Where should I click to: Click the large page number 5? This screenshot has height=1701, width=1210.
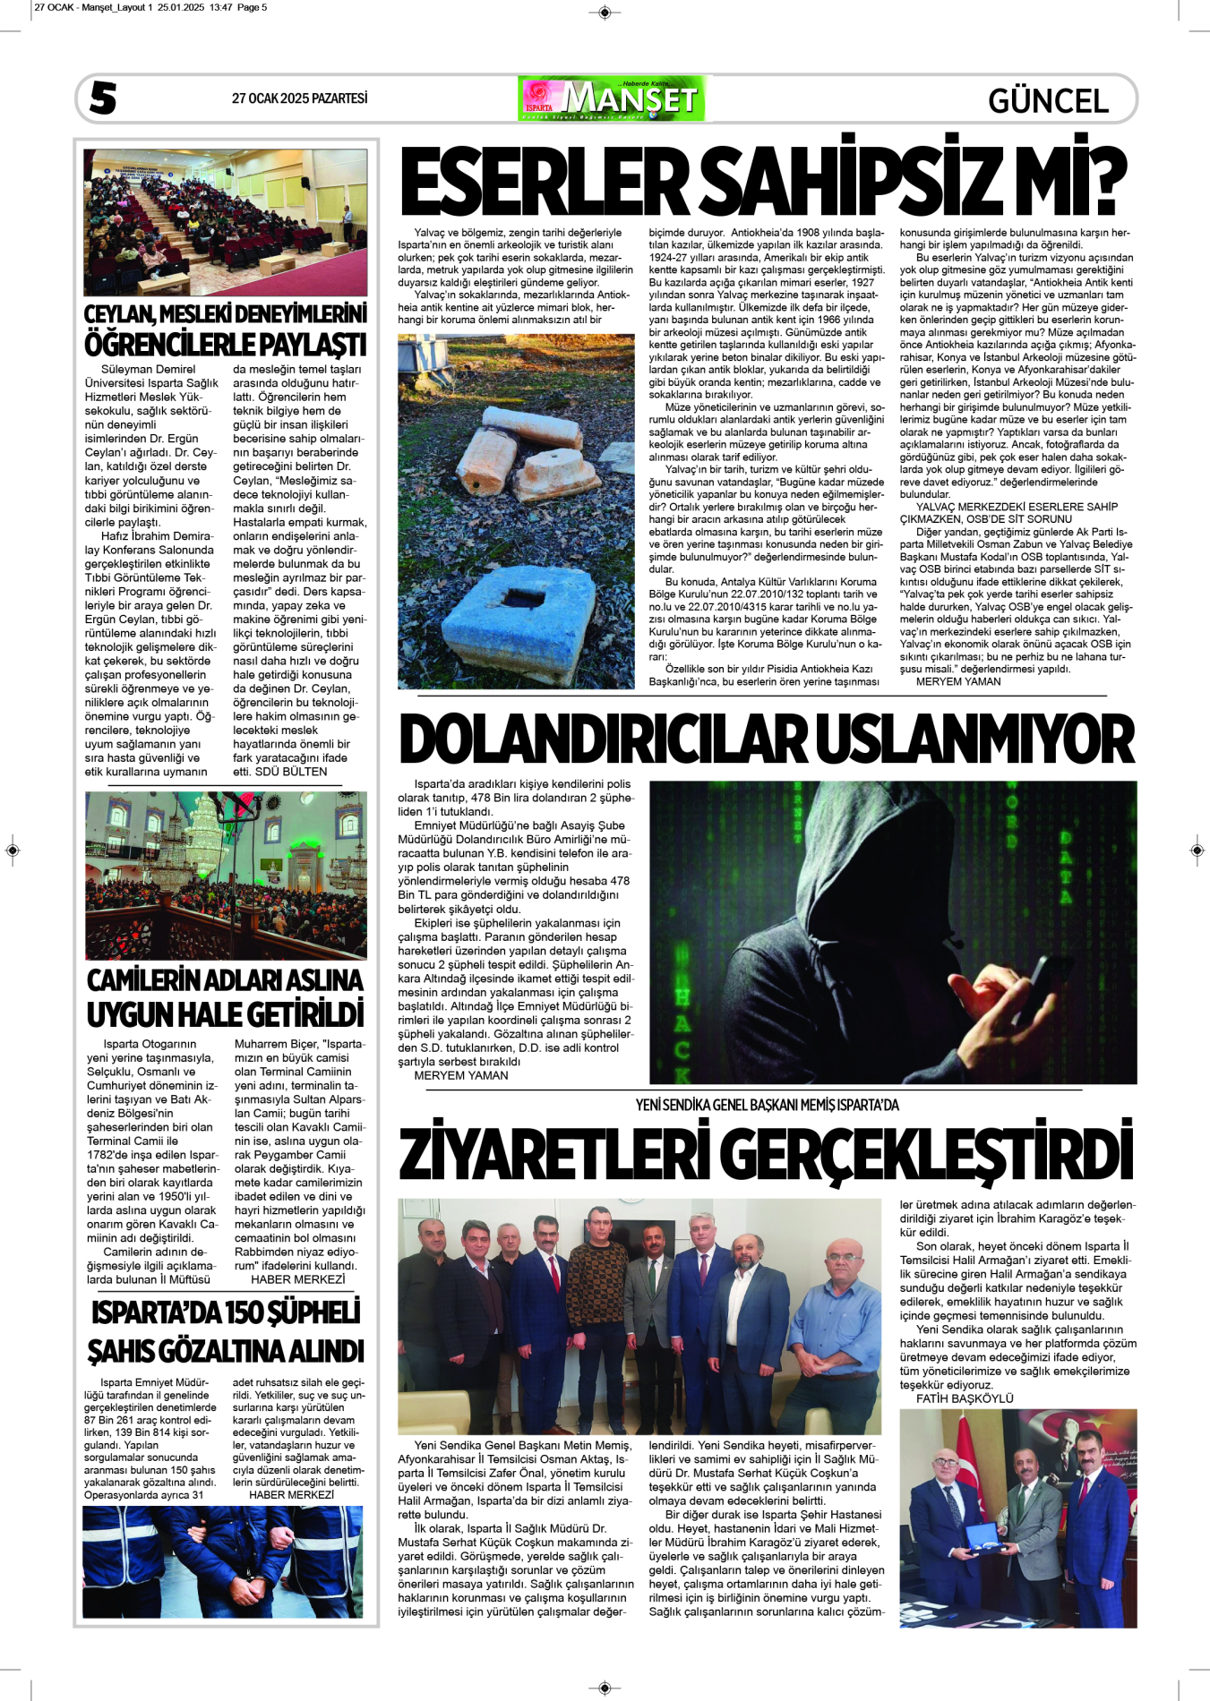[103, 98]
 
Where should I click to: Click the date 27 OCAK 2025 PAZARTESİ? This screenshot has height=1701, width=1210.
[299, 98]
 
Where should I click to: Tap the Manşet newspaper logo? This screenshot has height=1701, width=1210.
[611, 98]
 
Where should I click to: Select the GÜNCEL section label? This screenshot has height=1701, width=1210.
[1048, 100]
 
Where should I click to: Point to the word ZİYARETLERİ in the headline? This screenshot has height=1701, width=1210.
[555, 1154]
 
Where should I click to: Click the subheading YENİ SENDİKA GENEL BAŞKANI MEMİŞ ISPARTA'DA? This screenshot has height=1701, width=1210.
[767, 1105]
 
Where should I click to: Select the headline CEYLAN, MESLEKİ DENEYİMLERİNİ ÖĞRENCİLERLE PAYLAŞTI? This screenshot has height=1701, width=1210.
[225, 330]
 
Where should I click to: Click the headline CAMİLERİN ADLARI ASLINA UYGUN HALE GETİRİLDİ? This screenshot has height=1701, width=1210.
[225, 997]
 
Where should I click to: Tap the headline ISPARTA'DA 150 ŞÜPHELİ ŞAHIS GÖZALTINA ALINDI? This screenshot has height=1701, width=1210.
[225, 1331]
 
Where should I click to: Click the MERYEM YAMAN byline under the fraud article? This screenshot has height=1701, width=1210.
[460, 1075]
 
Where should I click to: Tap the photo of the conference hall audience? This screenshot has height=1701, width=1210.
[225, 222]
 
